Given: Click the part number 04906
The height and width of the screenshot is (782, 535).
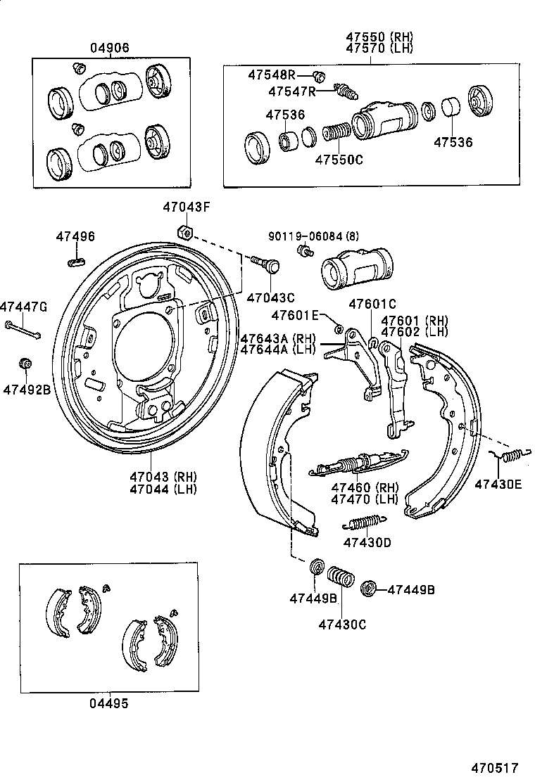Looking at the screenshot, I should coord(110,48).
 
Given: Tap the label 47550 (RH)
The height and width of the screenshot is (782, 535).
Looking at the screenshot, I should coord(379,37).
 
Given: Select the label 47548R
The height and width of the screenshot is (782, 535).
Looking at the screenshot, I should coord(271,75).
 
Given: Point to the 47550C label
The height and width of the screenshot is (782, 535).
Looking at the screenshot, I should coord(339,160).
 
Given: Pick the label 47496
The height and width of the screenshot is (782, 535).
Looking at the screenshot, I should coord(75,237).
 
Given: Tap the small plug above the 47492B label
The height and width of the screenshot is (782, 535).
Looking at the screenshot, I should coord(25,364).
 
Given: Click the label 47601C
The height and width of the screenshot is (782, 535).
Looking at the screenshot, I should coord(373,304).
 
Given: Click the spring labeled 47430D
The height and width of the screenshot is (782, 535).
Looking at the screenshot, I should coord(364,523).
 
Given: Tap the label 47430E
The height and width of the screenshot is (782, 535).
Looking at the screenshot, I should coord(498,484).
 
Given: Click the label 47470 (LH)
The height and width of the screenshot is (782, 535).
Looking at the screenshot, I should coord(365,499).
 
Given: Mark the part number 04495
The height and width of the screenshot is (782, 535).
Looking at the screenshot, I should coord(109,703).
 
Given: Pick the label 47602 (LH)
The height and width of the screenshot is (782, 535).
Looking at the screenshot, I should coord(415,332).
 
